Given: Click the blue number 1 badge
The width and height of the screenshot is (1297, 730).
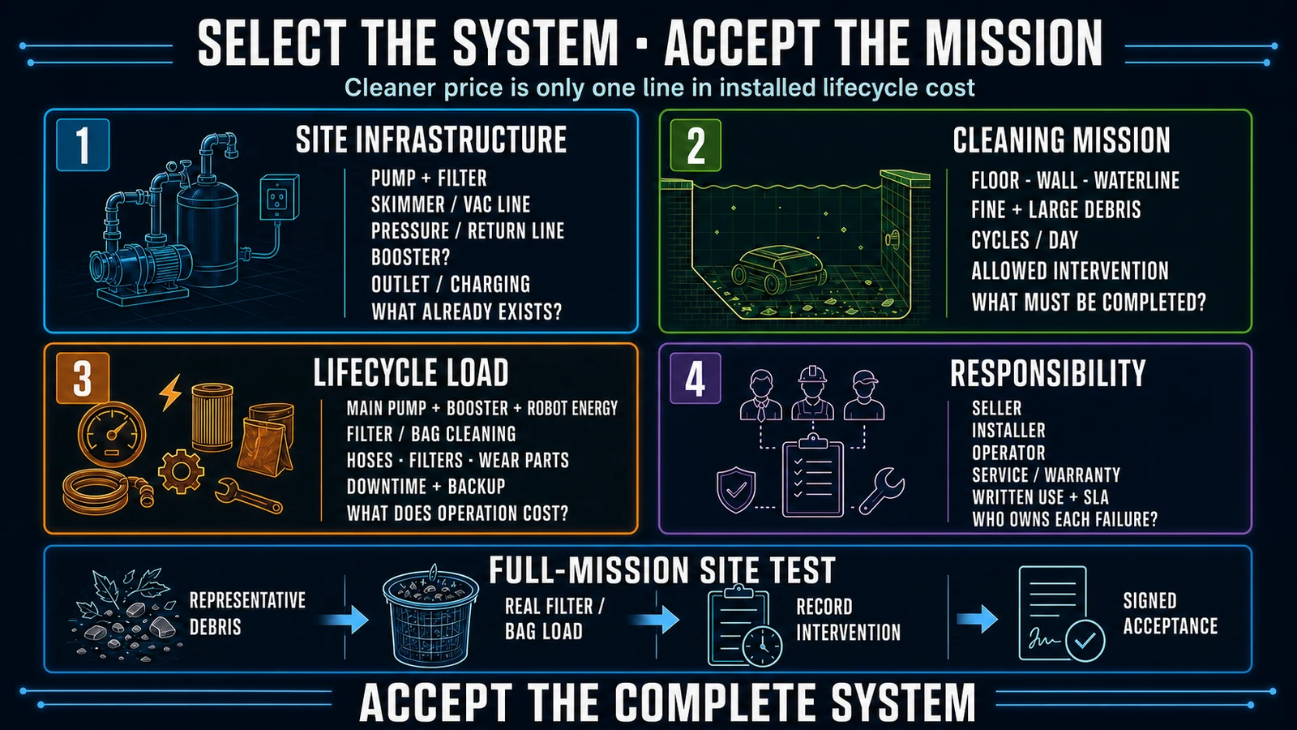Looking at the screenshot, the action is pyautogui.click(x=83, y=145).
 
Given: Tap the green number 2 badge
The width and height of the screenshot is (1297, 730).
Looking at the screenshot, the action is pyautogui.click(x=696, y=145).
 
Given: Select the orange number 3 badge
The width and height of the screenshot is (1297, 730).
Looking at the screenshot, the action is pyautogui.click(x=83, y=378).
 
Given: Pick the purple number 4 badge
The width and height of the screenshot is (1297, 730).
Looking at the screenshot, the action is pyautogui.click(x=696, y=378).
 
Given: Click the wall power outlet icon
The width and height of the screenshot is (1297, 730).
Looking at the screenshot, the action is pyautogui.click(x=280, y=197).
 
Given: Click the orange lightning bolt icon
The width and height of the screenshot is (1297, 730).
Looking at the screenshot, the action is pyautogui.click(x=171, y=393).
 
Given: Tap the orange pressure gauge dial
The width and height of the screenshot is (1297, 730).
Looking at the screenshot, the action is pyautogui.click(x=112, y=434).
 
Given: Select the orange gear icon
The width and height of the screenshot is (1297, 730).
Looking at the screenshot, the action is pyautogui.click(x=181, y=470).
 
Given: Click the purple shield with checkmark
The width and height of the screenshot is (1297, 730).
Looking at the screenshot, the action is pyautogui.click(x=736, y=490).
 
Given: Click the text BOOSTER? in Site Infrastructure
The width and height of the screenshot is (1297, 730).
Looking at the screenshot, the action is pyautogui.click(x=410, y=257).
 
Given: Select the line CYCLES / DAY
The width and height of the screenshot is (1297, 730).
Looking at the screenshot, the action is pyautogui.click(x=1025, y=240).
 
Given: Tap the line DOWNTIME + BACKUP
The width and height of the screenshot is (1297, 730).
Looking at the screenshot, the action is pyautogui.click(x=426, y=486).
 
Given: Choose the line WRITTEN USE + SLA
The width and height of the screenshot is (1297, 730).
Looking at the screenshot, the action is pyautogui.click(x=1040, y=497).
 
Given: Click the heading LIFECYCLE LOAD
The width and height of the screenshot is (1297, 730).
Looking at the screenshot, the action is pyautogui.click(x=410, y=372).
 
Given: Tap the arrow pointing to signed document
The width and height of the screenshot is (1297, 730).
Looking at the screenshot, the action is pyautogui.click(x=977, y=619).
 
